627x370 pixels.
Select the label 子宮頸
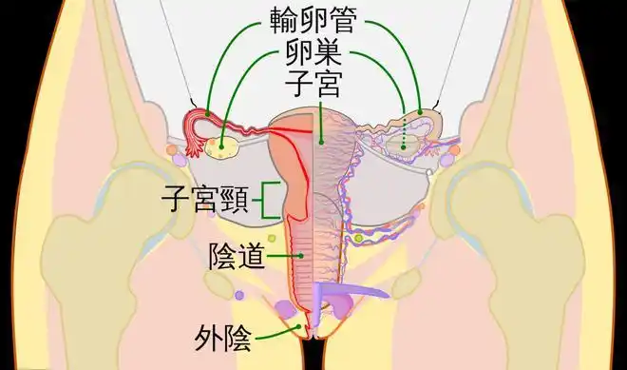point(204,201)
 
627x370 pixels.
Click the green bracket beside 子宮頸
point(270,200)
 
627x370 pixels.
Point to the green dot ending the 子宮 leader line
point(322,143)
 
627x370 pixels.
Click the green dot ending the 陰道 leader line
point(302,256)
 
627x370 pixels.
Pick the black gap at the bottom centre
point(313,357)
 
